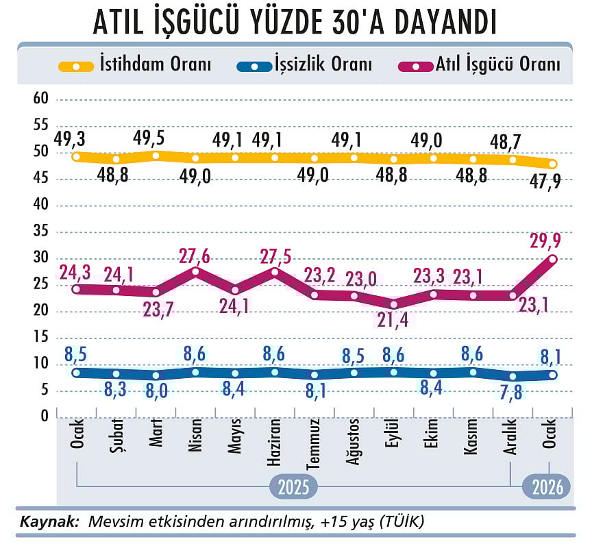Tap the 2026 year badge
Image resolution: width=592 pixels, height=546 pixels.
(x=546, y=487)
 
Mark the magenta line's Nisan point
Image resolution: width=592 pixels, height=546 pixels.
(x=196, y=272)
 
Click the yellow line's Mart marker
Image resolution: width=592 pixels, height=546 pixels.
(x=156, y=156)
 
